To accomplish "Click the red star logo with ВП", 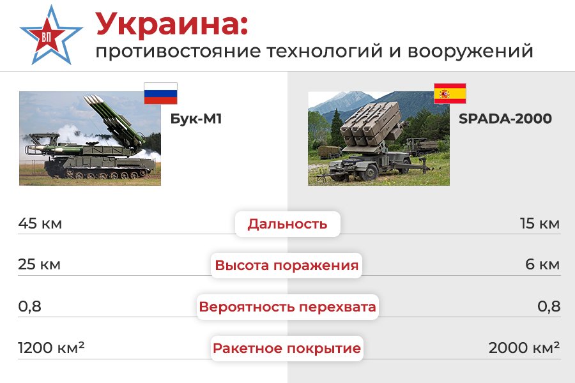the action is (50, 36).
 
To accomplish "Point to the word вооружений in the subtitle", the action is (470, 51).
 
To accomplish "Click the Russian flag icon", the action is (160, 93).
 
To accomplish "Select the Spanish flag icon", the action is (450, 93).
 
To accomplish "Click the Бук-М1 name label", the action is (196, 119).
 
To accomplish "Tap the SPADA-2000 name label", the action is (505, 119).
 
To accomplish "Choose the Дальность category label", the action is (287, 224).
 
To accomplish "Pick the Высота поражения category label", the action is (286, 265).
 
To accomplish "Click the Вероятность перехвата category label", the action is (287, 307).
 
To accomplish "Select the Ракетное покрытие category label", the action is (287, 348).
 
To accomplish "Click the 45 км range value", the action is (40, 223).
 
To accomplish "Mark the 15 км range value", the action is (540, 223).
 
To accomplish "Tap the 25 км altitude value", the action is (39, 264).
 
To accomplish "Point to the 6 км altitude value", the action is (542, 264).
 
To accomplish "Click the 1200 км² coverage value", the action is (51, 347).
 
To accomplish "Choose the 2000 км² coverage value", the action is (525, 347).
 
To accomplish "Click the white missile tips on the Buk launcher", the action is (93, 100).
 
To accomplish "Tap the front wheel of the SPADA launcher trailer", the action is (367, 172).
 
